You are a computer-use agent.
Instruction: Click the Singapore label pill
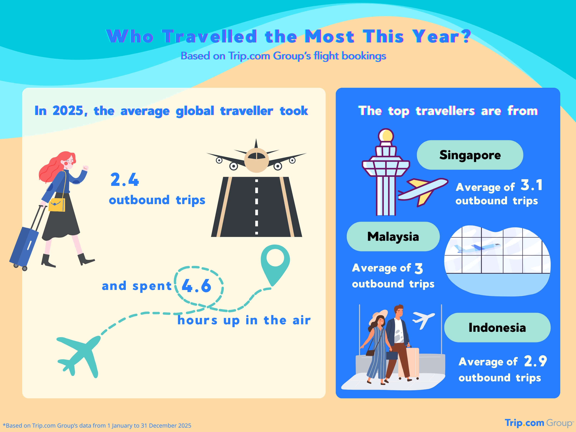[x=470, y=155]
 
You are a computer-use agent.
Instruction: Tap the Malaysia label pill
[x=393, y=236]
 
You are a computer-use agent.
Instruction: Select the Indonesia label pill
[x=497, y=327]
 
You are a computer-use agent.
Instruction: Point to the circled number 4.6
[x=197, y=286]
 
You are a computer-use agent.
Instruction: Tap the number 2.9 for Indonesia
[x=535, y=361]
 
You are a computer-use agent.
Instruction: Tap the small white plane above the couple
[x=423, y=319]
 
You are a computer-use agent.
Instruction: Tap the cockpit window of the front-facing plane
[x=257, y=156]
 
